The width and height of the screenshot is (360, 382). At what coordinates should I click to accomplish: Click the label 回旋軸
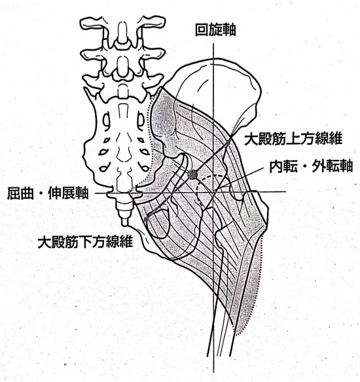215,30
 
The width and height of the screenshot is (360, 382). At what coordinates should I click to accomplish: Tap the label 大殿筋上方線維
293,139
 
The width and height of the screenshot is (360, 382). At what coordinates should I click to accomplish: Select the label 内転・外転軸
311,166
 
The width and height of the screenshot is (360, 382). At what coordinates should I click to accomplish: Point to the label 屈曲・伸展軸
48,193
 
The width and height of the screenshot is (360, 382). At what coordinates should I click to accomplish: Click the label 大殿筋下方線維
85,242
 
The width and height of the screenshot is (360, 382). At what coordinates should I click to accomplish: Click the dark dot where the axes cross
192,174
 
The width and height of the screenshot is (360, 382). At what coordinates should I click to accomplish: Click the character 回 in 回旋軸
202,30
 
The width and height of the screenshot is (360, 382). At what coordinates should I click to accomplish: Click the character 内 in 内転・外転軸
276,166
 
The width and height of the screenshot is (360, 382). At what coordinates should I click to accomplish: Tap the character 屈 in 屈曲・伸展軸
14,193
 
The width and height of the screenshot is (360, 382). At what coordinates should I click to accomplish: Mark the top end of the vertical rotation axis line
213,44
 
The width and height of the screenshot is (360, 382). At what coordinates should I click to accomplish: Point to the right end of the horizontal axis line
286,191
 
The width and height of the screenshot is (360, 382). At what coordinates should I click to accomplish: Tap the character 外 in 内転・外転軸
318,166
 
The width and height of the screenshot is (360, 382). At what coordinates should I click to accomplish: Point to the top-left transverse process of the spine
92,24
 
